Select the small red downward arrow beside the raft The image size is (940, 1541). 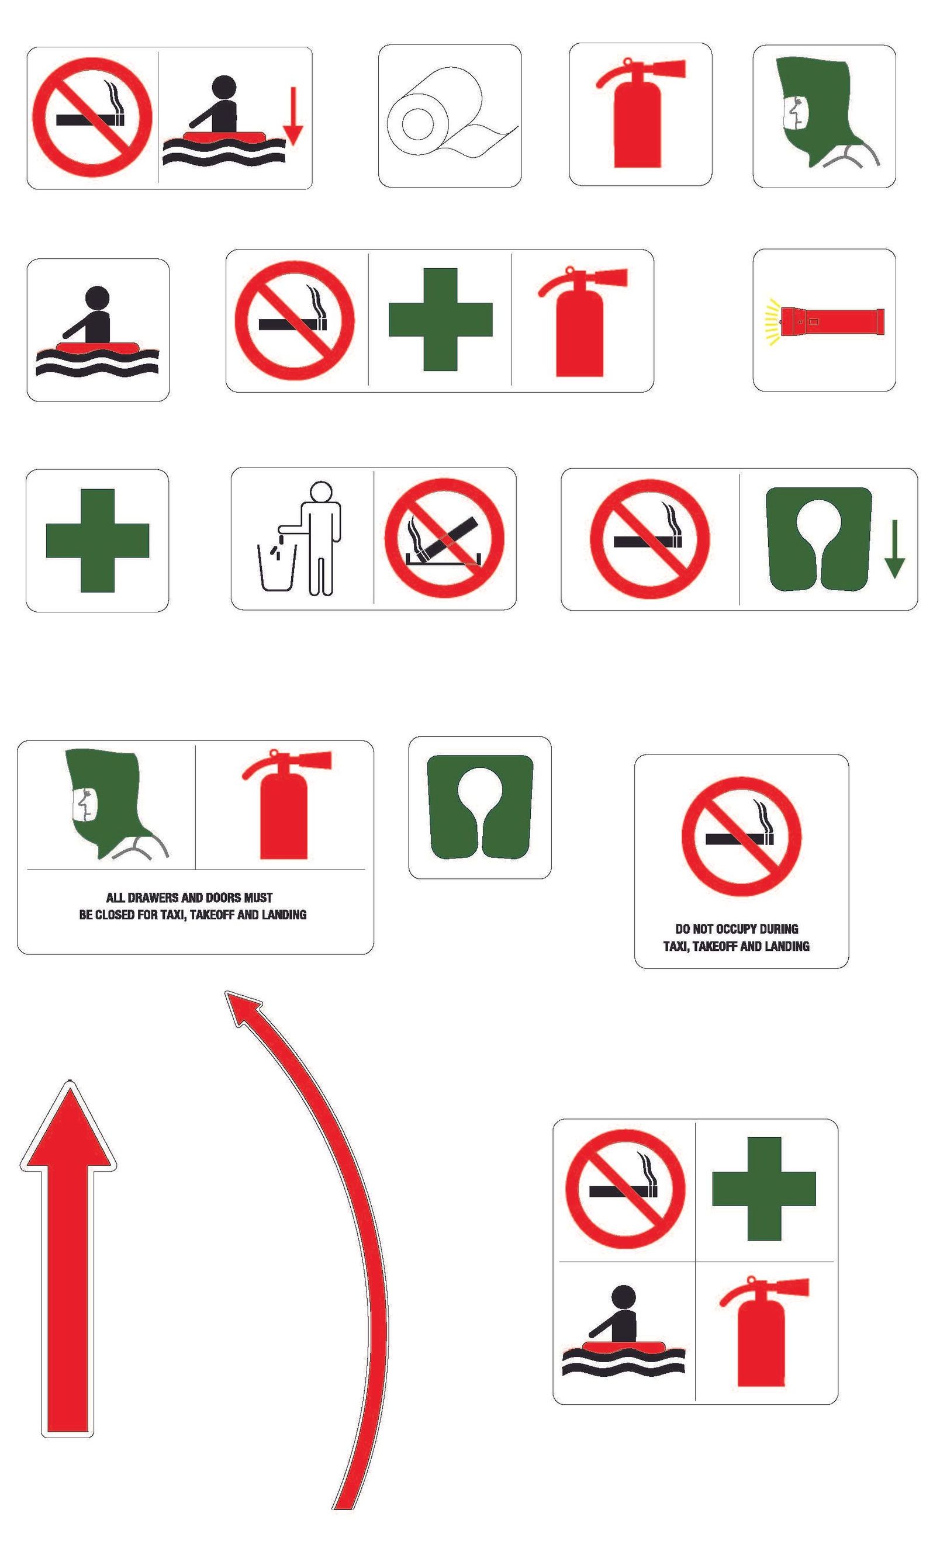[x=293, y=116]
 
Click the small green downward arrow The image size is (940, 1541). [x=894, y=549]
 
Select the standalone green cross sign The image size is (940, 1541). [x=98, y=541]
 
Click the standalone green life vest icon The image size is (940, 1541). [x=480, y=806]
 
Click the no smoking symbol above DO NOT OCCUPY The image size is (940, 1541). [x=741, y=837]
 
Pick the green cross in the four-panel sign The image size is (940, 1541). [x=763, y=1188]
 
